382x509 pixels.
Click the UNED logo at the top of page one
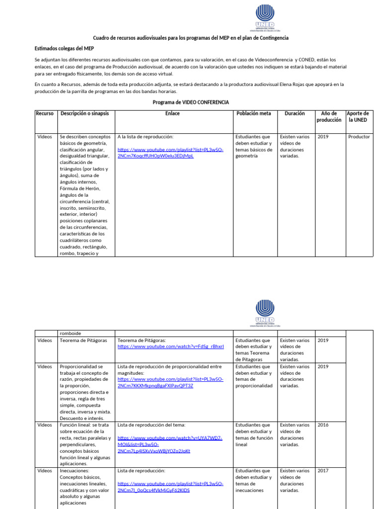click(x=265, y=17)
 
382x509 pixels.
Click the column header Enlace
click(x=173, y=113)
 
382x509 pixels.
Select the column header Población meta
click(x=254, y=113)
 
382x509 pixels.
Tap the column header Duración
click(x=294, y=113)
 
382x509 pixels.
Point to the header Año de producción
click(x=329, y=117)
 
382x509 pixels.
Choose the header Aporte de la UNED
click(x=358, y=117)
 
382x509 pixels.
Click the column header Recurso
click(x=44, y=113)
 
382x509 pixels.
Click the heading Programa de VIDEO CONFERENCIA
click(x=191, y=102)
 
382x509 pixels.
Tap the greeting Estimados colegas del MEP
click(x=64, y=48)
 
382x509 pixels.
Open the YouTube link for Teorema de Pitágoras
click(x=171, y=346)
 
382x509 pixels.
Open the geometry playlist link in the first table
click(x=170, y=153)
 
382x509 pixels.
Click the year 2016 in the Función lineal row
click(x=323, y=425)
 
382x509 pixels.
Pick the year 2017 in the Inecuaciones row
click(x=323, y=470)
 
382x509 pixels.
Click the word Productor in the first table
click(x=359, y=137)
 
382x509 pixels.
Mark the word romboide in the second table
click(x=70, y=333)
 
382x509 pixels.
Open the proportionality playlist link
click(x=170, y=382)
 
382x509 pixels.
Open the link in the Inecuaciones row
click(x=170, y=487)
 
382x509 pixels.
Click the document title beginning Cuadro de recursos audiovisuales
click(x=191, y=38)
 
